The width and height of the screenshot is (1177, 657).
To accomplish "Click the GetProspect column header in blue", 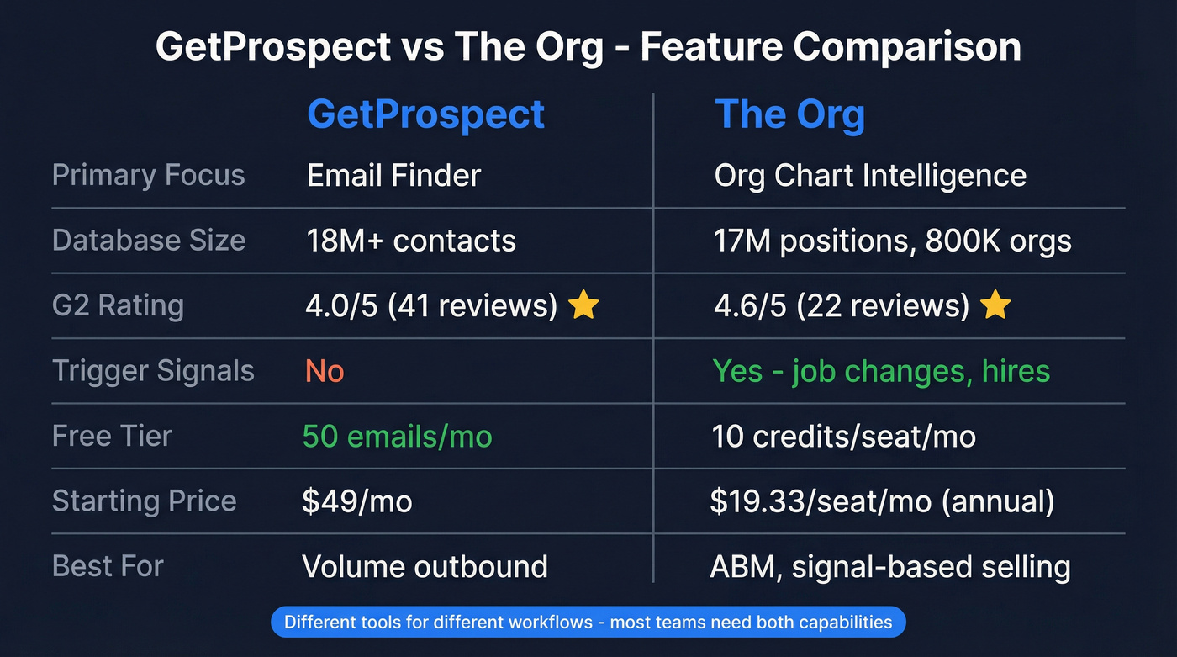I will click(x=425, y=114).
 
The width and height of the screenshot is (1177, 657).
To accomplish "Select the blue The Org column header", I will click(x=789, y=114).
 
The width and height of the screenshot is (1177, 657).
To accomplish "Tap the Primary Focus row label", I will click(x=149, y=175).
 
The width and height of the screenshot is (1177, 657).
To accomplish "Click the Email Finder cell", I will click(x=393, y=175).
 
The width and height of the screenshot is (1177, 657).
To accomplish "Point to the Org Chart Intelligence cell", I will click(x=869, y=175).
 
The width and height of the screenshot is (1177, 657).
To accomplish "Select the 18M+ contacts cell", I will click(x=410, y=241).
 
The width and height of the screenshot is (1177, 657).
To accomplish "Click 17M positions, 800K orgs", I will click(x=892, y=241).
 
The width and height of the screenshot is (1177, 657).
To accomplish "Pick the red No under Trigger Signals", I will click(x=325, y=371).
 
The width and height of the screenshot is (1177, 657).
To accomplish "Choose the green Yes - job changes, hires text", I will click(x=881, y=371).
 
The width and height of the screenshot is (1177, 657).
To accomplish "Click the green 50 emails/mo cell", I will click(x=397, y=436).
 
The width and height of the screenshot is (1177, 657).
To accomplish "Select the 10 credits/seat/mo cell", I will click(x=843, y=436).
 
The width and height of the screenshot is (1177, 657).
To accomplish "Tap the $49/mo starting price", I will click(x=357, y=501).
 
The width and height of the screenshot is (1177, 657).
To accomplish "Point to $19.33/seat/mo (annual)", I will click(x=882, y=501).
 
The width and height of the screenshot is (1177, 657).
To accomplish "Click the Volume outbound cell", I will click(x=425, y=566).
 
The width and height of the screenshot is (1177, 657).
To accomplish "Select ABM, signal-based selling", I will click(x=890, y=566).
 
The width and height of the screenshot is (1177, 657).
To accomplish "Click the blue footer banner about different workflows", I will click(x=588, y=623).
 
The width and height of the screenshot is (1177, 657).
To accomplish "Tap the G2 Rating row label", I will click(x=118, y=305).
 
